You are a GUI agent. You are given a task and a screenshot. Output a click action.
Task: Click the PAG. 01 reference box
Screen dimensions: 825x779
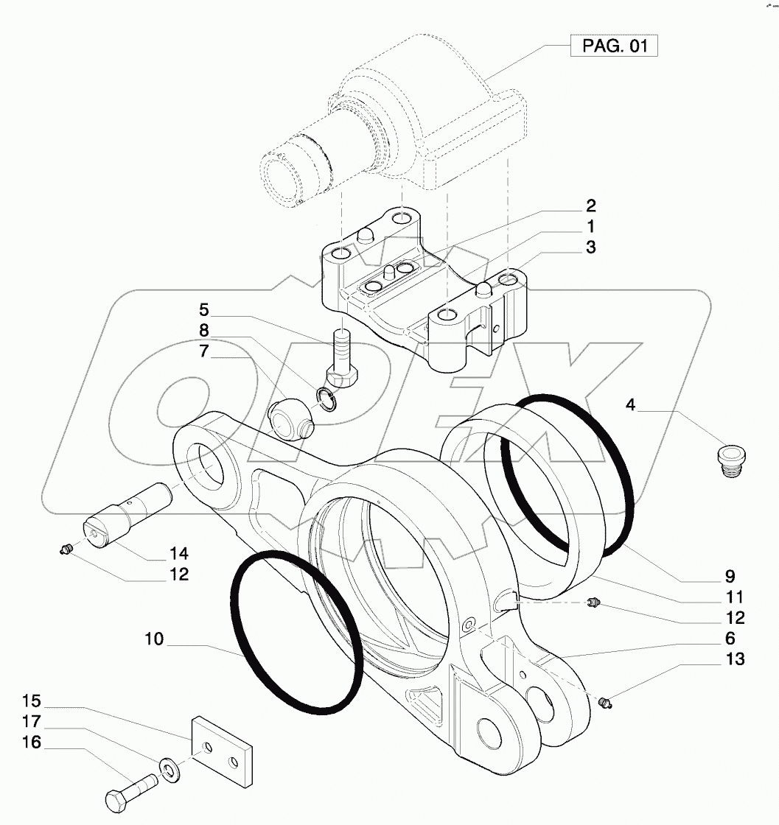[614, 46]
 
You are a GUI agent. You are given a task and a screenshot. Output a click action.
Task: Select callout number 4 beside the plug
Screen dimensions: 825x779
[632, 404]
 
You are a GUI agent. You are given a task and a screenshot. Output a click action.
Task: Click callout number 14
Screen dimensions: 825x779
[180, 552]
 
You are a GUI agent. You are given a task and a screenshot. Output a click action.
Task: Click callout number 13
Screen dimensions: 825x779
[734, 659]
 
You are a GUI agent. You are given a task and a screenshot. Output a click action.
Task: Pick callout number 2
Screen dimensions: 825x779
[591, 206]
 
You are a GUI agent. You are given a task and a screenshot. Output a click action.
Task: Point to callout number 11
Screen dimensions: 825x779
[734, 596]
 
